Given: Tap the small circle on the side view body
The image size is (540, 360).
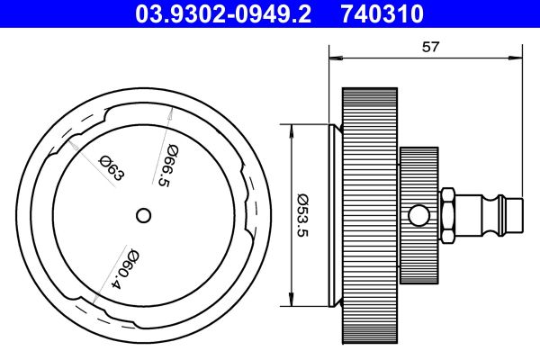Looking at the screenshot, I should (417, 215).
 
